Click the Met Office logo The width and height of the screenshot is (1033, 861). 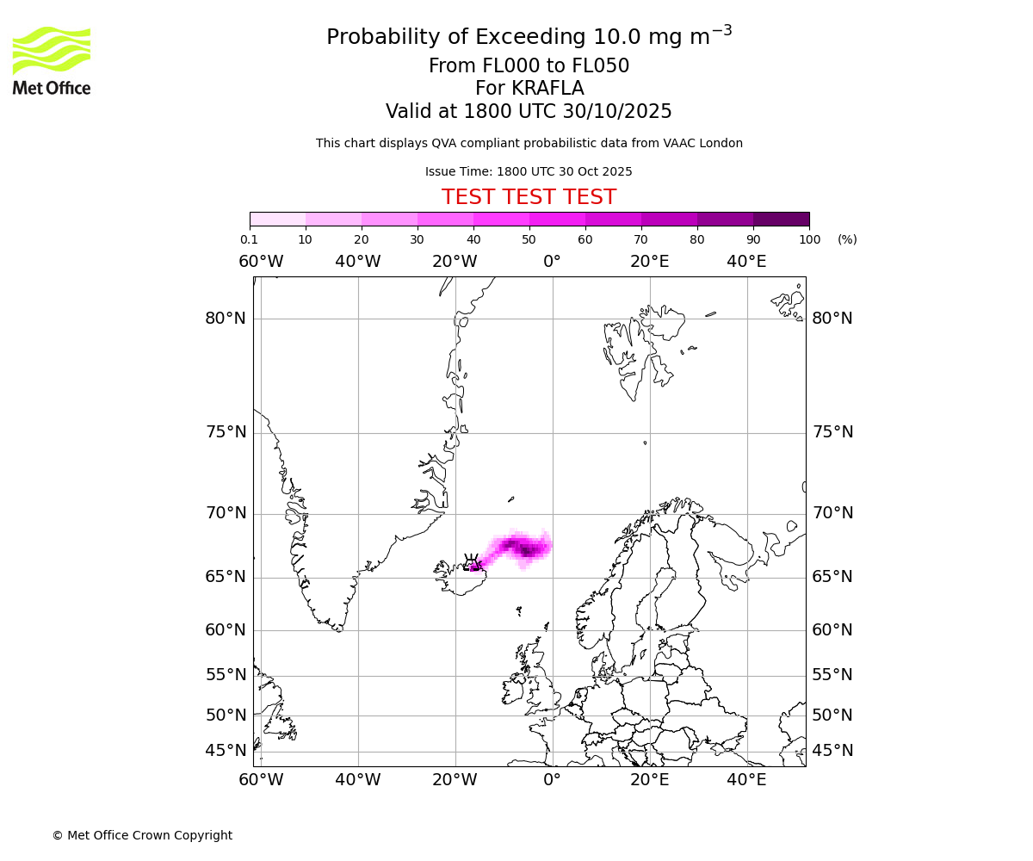(x=52, y=60)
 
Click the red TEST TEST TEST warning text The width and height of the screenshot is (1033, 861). (x=529, y=197)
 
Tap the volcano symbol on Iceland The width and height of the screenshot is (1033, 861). (x=472, y=562)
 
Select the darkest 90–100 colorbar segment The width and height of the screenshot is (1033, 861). (x=781, y=219)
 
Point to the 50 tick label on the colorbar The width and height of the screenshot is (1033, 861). (x=529, y=239)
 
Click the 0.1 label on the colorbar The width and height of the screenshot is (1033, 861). (x=249, y=239)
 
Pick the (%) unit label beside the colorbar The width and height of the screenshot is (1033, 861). (x=847, y=239)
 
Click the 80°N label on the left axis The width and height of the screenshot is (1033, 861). (x=226, y=319)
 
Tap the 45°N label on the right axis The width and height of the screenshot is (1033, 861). (x=832, y=751)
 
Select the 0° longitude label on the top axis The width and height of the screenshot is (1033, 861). (x=552, y=262)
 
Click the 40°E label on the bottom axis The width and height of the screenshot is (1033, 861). (x=746, y=780)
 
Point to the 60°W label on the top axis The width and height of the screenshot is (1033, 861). (x=261, y=262)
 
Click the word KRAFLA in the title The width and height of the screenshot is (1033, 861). (x=547, y=89)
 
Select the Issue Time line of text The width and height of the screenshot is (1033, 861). (x=529, y=171)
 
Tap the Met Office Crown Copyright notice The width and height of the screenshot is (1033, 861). (x=142, y=835)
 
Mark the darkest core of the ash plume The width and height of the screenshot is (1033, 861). (x=525, y=549)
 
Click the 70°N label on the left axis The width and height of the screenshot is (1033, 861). (x=226, y=513)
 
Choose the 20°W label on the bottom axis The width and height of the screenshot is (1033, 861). (x=455, y=780)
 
